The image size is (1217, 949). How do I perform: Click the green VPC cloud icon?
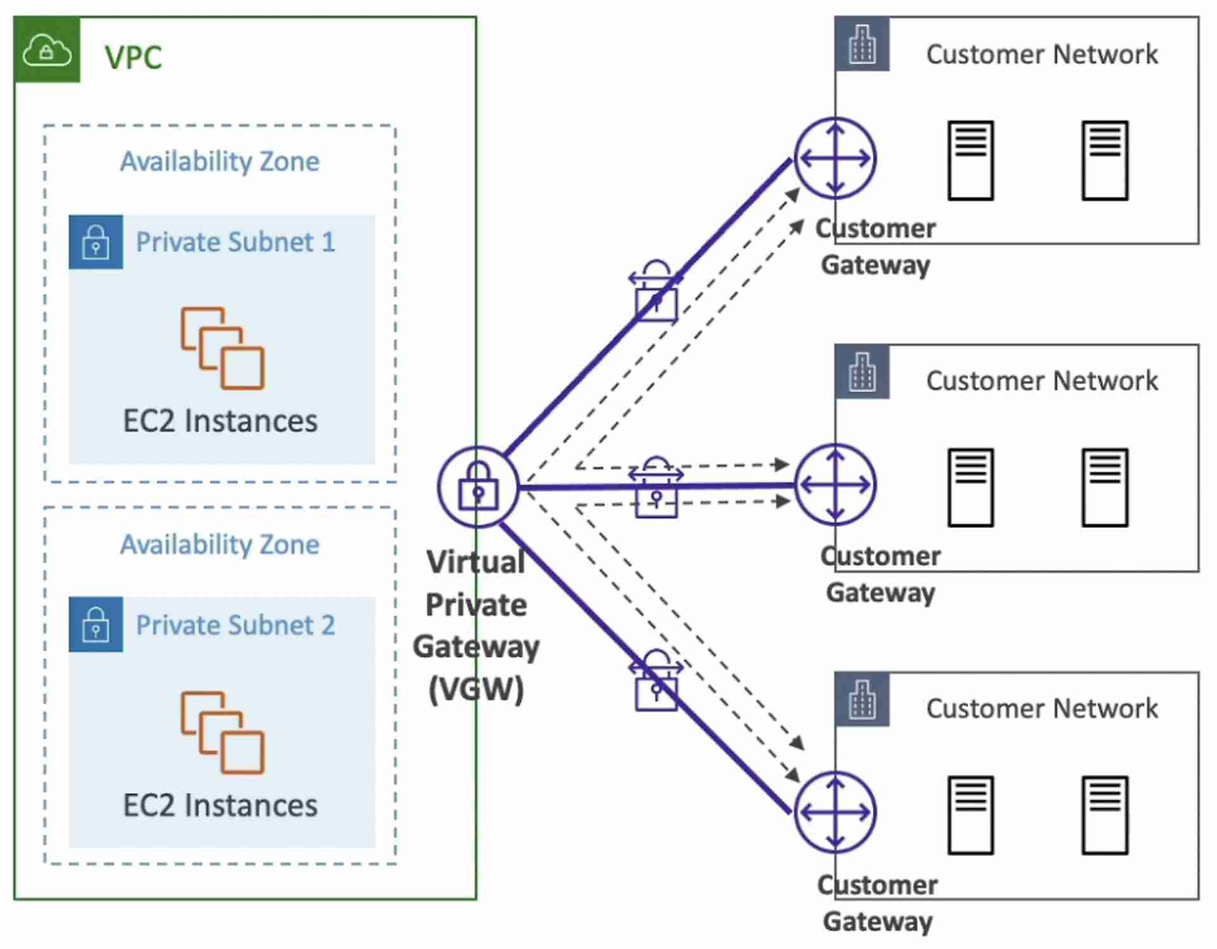pos(47,49)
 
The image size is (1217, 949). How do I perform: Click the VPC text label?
pos(133,57)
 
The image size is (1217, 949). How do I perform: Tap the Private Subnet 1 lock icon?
pos(96,242)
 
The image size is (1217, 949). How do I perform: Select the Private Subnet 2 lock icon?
pos(96,624)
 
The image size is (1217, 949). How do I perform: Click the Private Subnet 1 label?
pos(236,242)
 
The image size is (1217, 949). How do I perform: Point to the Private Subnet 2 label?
pos(236,625)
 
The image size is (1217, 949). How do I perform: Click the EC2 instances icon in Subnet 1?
pos(222,348)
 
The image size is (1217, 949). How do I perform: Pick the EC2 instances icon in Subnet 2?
pos(222,732)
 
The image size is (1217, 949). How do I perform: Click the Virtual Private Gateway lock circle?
pos(477,487)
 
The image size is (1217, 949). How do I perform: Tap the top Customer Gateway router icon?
pos(835,158)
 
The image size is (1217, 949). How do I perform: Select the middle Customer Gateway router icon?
pos(835,484)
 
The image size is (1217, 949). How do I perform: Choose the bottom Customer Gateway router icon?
pos(835,812)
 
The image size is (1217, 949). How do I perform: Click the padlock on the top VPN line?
pos(656,291)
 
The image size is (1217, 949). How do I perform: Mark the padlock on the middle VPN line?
pos(656,487)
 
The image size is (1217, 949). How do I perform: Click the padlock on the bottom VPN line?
pos(656,680)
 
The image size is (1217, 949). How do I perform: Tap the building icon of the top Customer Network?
pos(862,44)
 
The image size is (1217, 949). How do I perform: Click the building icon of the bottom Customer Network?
pos(862,699)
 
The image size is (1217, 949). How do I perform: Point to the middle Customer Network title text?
pos(1042,380)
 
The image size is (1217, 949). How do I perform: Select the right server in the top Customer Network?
pos(1105,160)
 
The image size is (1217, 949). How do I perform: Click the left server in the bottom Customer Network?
pos(971,815)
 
